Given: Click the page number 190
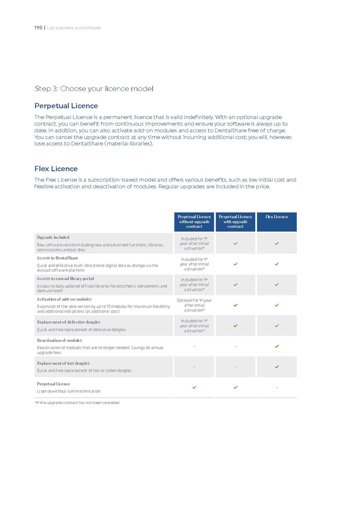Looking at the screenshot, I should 38,28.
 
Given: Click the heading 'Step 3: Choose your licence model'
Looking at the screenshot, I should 94,88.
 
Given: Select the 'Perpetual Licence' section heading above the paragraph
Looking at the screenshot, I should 66,106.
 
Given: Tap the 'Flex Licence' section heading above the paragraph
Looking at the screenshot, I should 56,168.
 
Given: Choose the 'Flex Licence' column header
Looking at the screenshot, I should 276,217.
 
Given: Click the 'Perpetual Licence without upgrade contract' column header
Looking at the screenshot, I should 194,222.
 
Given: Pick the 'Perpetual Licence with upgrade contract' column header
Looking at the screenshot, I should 235,222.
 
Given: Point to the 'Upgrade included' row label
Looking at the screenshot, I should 53,237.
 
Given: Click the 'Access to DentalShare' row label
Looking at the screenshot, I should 58,258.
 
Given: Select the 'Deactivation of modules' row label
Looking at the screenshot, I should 59,341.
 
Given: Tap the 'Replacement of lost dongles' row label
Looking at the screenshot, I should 63,363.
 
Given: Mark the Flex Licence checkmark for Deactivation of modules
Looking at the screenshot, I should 276,346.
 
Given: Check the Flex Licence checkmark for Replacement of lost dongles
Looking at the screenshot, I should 276,367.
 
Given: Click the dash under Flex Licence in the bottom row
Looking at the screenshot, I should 276,387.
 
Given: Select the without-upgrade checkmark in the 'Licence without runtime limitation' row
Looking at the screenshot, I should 194,387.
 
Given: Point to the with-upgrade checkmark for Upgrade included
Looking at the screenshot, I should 235,243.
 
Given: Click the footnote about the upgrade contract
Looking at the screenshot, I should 77,403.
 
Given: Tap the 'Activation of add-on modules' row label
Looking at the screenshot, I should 64,299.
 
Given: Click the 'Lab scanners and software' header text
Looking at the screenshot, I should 74,28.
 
